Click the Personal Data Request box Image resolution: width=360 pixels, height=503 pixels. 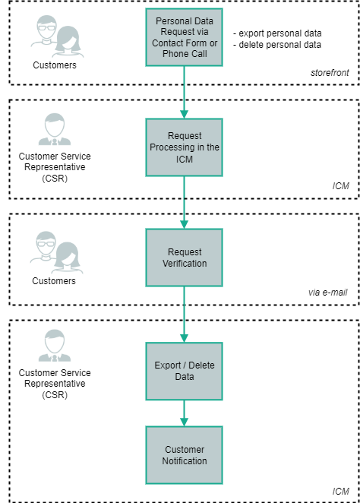coord(184,37)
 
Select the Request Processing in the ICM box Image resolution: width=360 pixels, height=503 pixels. coord(184,147)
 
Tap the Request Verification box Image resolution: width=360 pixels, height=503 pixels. coord(184,257)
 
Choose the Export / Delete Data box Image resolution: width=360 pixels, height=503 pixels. coord(184,371)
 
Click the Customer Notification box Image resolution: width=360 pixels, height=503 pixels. coord(184,454)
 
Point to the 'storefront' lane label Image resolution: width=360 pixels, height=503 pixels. coord(331,74)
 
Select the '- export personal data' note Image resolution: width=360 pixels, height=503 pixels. coord(278,33)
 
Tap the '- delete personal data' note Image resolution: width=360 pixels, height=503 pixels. coord(278,45)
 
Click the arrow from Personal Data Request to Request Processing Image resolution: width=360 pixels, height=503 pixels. coord(184,91)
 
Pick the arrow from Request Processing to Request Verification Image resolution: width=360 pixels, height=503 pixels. coord(184,201)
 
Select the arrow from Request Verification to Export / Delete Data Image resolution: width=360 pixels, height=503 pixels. coord(184,313)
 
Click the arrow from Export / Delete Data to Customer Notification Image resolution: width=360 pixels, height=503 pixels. coord(184,413)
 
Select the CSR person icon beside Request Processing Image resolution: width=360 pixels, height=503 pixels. coord(54,130)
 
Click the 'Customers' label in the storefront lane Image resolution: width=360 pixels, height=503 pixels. coord(54,65)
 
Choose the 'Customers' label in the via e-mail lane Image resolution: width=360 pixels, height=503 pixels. coord(54,281)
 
